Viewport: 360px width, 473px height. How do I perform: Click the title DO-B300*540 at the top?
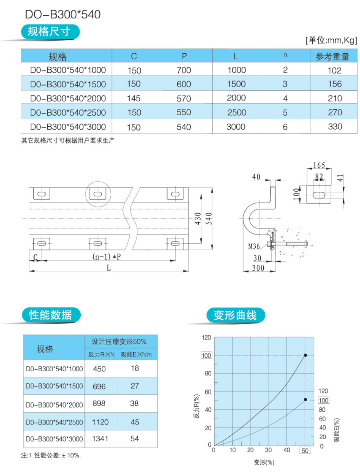pyautogui.click(x=63, y=14)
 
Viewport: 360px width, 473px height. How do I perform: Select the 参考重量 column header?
pyautogui.click(x=332, y=57)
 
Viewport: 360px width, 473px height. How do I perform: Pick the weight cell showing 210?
pyautogui.click(x=335, y=98)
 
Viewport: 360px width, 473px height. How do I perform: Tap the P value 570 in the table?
pyautogui.click(x=184, y=98)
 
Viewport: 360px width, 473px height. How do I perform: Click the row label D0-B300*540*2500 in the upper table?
pyautogui.click(x=68, y=112)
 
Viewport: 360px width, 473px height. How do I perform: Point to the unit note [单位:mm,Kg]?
pyautogui.click(x=331, y=40)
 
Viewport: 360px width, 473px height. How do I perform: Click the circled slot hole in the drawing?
pyautogui.click(x=98, y=194)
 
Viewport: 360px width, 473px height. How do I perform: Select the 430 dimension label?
pyautogui.click(x=198, y=218)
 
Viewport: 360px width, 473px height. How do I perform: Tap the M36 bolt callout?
pyautogui.click(x=254, y=246)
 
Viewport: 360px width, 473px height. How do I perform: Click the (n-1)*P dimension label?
pyautogui.click(x=106, y=257)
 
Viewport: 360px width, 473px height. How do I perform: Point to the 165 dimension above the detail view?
pyautogui.click(x=319, y=165)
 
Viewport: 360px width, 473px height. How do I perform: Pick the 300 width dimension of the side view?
pyautogui.click(x=258, y=268)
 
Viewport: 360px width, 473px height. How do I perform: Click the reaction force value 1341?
pyautogui.click(x=100, y=439)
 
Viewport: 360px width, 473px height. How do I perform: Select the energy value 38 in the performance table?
pyautogui.click(x=134, y=403)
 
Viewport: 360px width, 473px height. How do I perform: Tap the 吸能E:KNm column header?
pyautogui.click(x=136, y=354)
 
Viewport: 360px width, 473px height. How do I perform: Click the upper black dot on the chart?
pyautogui.click(x=305, y=355)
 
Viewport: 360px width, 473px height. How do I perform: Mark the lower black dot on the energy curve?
pyautogui.click(x=305, y=400)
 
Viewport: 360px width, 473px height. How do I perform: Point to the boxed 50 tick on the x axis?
pyautogui.click(x=305, y=450)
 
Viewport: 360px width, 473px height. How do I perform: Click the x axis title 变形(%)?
pyautogui.click(x=264, y=462)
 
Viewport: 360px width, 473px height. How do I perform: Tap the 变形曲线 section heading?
pyautogui.click(x=235, y=315)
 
